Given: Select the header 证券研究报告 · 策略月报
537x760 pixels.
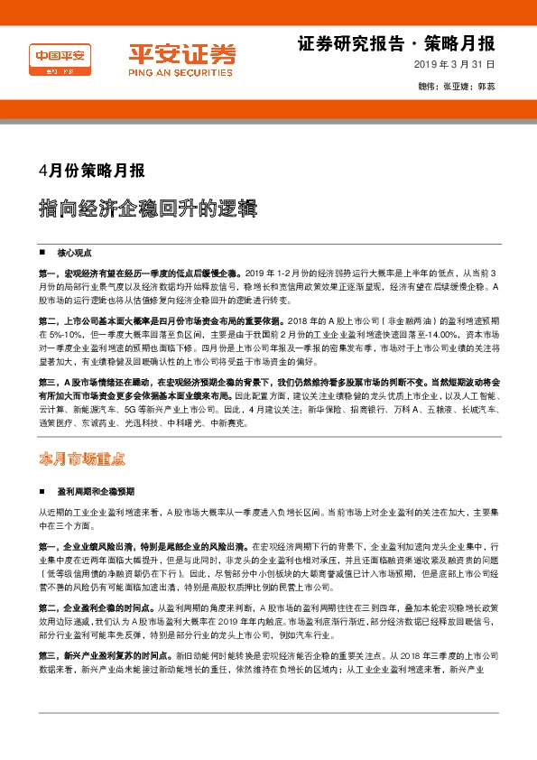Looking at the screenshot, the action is coord(395,44).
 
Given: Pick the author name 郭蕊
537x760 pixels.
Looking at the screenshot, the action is coord(486,88).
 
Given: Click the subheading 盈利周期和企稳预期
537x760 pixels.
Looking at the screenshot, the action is coord(96,492).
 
